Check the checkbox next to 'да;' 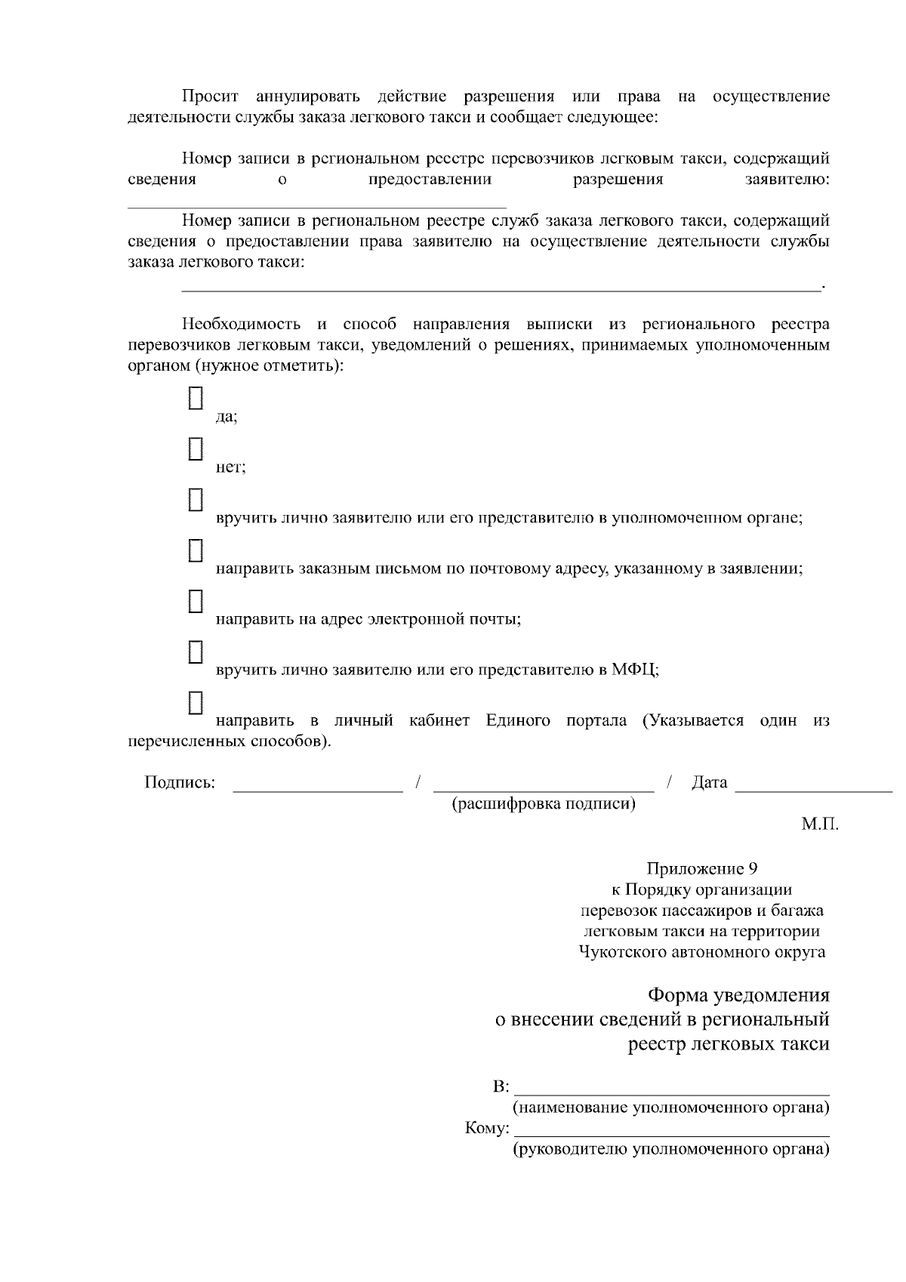click(x=196, y=399)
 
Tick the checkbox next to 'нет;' click(x=196, y=449)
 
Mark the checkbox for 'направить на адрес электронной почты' click(x=196, y=601)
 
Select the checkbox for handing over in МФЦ click(x=196, y=652)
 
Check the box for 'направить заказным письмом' click(x=196, y=550)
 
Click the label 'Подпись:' click(x=180, y=782)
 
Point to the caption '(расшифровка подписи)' click(x=544, y=803)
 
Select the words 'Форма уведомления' click(x=739, y=995)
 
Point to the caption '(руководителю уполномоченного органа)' click(x=671, y=1150)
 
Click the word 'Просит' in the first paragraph click(x=210, y=97)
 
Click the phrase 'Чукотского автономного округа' click(x=701, y=952)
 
